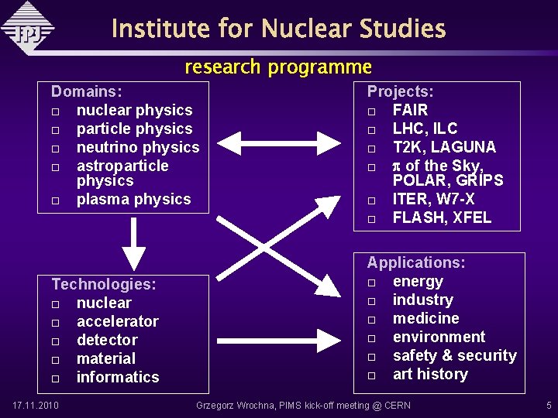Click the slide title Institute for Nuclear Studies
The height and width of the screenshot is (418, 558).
[278, 29]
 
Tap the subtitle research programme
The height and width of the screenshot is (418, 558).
[278, 67]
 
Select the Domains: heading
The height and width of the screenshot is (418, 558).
[87, 91]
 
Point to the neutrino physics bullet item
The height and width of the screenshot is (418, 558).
[138, 147]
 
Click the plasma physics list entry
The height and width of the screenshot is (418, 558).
[133, 199]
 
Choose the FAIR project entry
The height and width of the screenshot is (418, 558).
[410, 110]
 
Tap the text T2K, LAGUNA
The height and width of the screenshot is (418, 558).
[444, 147]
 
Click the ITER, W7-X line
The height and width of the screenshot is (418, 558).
[433, 199]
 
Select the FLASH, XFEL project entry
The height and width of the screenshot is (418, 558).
[442, 218]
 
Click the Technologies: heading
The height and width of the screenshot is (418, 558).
[104, 284]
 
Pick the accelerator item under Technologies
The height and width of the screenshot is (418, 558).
[117, 321]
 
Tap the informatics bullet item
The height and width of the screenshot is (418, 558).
[117, 377]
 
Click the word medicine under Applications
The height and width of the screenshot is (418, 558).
[425, 318]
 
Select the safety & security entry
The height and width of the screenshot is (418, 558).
[454, 355]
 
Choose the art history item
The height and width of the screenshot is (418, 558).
[430, 374]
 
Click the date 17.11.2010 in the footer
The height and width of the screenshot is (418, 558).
[36, 406]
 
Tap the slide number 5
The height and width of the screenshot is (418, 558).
[549, 406]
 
